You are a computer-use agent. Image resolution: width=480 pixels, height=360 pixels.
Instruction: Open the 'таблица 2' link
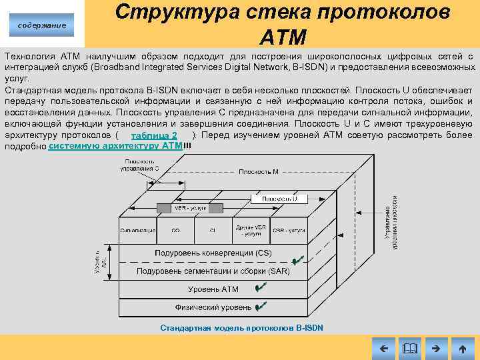point(155,135)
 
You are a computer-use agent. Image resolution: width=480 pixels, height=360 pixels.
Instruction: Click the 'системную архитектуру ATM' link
point(115,145)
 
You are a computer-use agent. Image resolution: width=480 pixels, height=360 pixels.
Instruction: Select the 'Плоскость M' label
point(259,171)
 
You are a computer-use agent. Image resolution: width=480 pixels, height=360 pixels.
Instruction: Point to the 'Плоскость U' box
point(284,199)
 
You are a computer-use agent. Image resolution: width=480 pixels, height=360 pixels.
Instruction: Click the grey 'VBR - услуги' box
point(190,209)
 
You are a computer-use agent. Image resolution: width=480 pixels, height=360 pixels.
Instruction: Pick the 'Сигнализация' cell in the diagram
point(138,231)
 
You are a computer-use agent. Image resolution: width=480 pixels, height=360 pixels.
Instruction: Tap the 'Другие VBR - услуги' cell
point(251,231)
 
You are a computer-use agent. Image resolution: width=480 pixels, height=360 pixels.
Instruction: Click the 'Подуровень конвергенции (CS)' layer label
point(204,253)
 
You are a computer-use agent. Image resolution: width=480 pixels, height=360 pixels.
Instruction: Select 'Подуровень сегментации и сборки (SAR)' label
point(212,271)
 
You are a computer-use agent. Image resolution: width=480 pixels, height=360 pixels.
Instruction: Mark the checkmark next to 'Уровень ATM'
point(261,287)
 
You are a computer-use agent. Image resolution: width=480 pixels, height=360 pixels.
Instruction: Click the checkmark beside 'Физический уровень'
point(261,306)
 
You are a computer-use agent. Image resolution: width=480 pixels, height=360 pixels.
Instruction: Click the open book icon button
point(409,348)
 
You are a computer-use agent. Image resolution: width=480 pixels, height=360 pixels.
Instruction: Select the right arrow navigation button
point(436,348)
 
